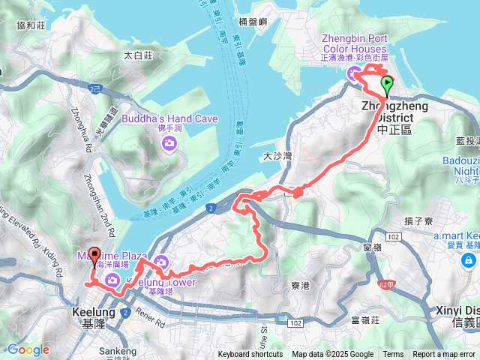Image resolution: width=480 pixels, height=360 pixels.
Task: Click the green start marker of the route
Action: click(387, 84)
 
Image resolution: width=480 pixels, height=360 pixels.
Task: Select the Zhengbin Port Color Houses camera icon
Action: click(352, 72)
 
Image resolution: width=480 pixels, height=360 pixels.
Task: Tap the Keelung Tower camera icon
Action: click(160, 262)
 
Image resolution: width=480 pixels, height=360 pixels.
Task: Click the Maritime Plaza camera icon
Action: click(112, 280)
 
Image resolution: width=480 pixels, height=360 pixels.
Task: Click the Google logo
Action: click(28, 349)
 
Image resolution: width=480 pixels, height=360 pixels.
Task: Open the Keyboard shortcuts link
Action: click(250, 355)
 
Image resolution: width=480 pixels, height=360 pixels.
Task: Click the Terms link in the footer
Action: click(393, 355)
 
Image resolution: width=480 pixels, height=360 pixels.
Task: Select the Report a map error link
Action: click(444, 355)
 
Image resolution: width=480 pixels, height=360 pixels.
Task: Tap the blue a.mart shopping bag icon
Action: click(469, 260)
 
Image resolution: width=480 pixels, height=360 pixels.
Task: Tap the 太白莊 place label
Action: click(138, 55)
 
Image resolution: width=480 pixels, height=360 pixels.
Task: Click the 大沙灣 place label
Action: click(277, 157)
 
